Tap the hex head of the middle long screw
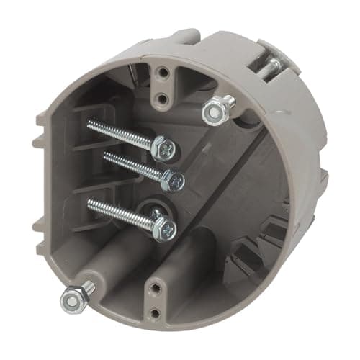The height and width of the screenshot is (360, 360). click(173, 180)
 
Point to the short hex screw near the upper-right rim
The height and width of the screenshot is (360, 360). click(213, 109)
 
